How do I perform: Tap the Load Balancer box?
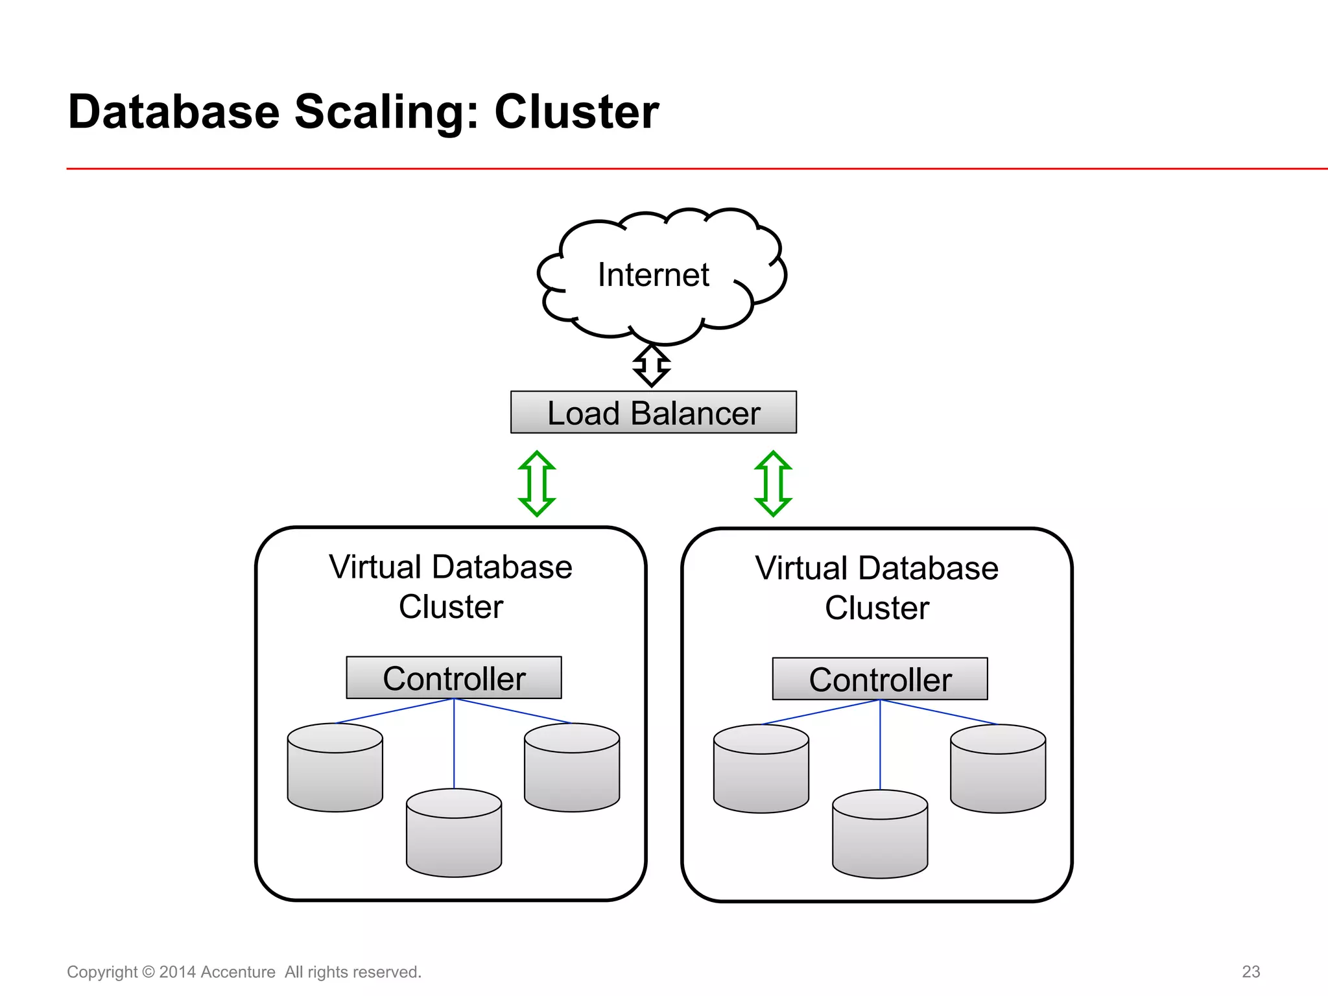(x=653, y=412)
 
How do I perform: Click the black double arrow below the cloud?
(x=651, y=366)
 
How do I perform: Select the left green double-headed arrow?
(x=537, y=484)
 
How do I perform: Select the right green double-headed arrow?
(x=773, y=484)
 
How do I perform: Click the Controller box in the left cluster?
(x=454, y=678)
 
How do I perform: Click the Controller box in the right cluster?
(x=880, y=679)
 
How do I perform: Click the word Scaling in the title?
(x=386, y=112)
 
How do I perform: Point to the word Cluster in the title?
(x=576, y=112)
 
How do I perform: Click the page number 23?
(x=1251, y=971)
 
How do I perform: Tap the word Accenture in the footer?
(x=238, y=972)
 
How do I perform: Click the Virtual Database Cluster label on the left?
(x=451, y=586)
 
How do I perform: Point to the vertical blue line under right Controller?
(x=880, y=746)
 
